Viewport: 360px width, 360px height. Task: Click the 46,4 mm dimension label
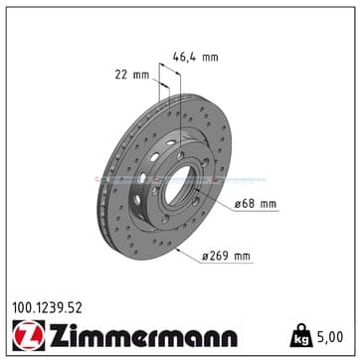[x=196, y=58]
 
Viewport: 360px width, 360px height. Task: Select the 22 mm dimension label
[x=132, y=75]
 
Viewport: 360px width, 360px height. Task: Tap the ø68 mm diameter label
[x=256, y=204]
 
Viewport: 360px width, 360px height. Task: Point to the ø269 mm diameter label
[x=226, y=257]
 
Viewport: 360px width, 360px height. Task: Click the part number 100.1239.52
[x=47, y=308]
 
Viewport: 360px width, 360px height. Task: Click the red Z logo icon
[x=29, y=336]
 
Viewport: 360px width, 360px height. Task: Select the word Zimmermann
[x=143, y=335]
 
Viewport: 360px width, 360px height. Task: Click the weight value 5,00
[x=329, y=337]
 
